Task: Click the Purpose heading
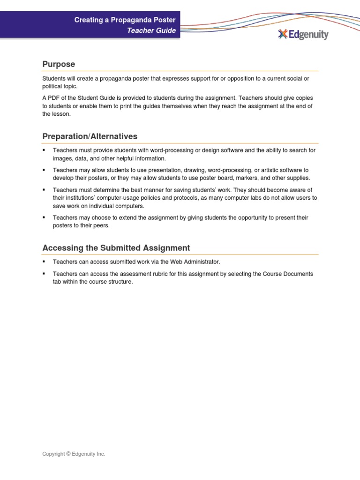59,64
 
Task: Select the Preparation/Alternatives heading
90,136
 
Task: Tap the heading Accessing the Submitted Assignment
116,248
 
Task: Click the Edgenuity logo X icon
282,34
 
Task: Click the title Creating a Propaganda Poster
125,20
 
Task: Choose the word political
52,86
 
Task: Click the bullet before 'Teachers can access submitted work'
44,261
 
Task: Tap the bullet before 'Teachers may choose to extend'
44,217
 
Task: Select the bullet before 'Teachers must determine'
44,190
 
